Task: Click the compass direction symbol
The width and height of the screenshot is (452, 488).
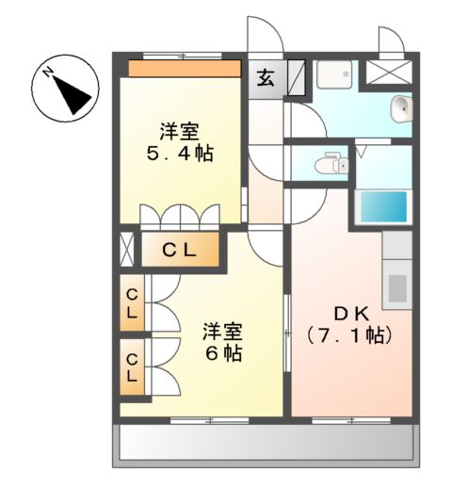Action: [x=64, y=87]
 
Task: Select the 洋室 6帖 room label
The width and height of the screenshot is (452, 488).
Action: [x=223, y=343]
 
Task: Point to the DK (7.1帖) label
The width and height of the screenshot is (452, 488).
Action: [x=350, y=323]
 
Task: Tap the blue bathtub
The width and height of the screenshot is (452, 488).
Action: [x=384, y=204]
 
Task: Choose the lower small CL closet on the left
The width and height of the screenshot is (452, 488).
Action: [x=132, y=366]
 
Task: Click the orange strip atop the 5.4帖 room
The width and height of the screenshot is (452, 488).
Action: [x=184, y=68]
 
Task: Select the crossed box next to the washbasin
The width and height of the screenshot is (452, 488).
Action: [x=389, y=73]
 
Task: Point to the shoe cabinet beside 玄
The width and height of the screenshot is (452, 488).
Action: [x=295, y=74]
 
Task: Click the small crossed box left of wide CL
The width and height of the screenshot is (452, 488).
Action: [x=127, y=250]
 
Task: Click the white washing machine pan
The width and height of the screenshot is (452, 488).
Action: [x=334, y=74]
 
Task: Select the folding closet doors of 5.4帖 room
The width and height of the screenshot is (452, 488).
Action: [x=179, y=217]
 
